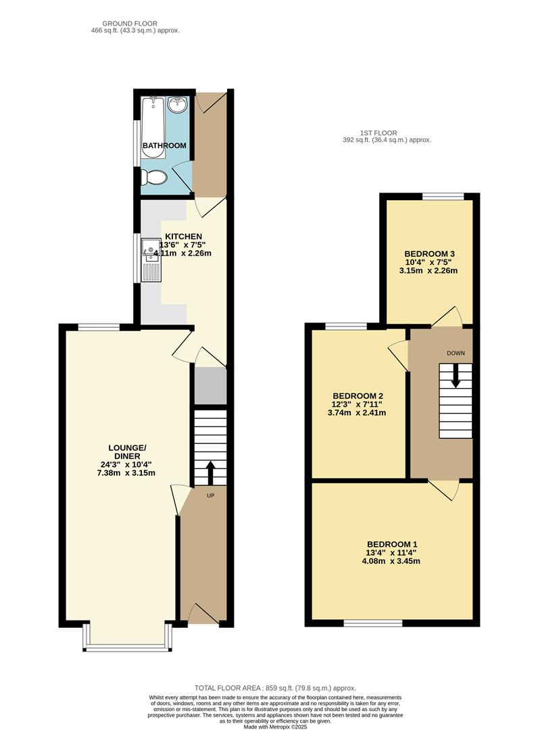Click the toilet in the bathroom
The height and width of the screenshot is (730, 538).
[155, 178]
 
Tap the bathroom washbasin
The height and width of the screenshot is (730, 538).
[177, 104]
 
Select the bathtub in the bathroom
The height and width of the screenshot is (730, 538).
[153, 128]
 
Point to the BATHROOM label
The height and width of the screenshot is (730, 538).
[164, 145]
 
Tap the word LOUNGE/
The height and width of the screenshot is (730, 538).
[127, 447]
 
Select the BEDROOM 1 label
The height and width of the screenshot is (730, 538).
[392, 544]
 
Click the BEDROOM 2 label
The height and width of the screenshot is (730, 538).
[358, 396]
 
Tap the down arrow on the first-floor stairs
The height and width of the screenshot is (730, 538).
[456, 376]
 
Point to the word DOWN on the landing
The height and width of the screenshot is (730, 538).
[456, 354]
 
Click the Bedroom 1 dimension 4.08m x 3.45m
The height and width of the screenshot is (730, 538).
[392, 561]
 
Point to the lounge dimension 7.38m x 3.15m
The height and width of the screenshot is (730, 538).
[127, 472]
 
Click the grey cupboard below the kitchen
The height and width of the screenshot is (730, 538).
[210, 386]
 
